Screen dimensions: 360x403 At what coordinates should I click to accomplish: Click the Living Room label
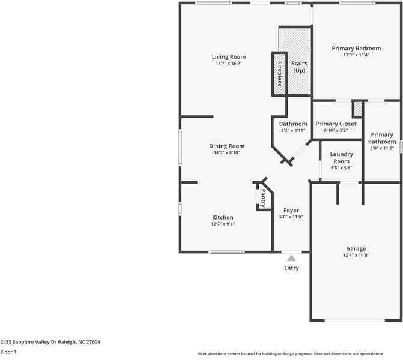coord(228,57)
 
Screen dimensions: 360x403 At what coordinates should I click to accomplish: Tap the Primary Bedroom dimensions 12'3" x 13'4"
coord(356,55)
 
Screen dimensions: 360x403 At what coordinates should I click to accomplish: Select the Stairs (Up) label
coord(298,67)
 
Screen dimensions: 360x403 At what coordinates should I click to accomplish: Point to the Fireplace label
coord(279,74)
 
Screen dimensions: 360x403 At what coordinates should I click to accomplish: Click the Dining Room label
coord(226,146)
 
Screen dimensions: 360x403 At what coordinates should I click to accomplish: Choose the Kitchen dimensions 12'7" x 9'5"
coord(222,224)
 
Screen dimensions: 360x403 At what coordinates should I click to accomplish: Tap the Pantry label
coord(263,197)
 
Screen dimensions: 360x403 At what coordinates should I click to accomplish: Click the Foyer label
coord(291,211)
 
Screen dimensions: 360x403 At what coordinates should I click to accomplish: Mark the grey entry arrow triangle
coord(291,258)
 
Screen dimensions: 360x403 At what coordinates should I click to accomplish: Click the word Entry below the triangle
coord(291,268)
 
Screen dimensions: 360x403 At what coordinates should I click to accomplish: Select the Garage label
coord(356,248)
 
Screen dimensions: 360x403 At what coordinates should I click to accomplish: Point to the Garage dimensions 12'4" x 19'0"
coord(356,255)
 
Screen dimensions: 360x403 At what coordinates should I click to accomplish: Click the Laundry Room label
coord(341,158)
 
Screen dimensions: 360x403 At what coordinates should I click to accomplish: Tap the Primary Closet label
coord(336,124)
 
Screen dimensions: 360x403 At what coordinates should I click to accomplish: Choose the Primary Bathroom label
coord(381,138)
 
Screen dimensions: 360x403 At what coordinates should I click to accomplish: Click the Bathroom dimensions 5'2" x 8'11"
coord(293,130)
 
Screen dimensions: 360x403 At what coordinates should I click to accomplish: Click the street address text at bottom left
coord(50,342)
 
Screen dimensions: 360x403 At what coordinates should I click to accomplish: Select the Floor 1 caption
coord(8,352)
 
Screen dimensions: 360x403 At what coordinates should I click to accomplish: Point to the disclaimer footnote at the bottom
coord(299,354)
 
